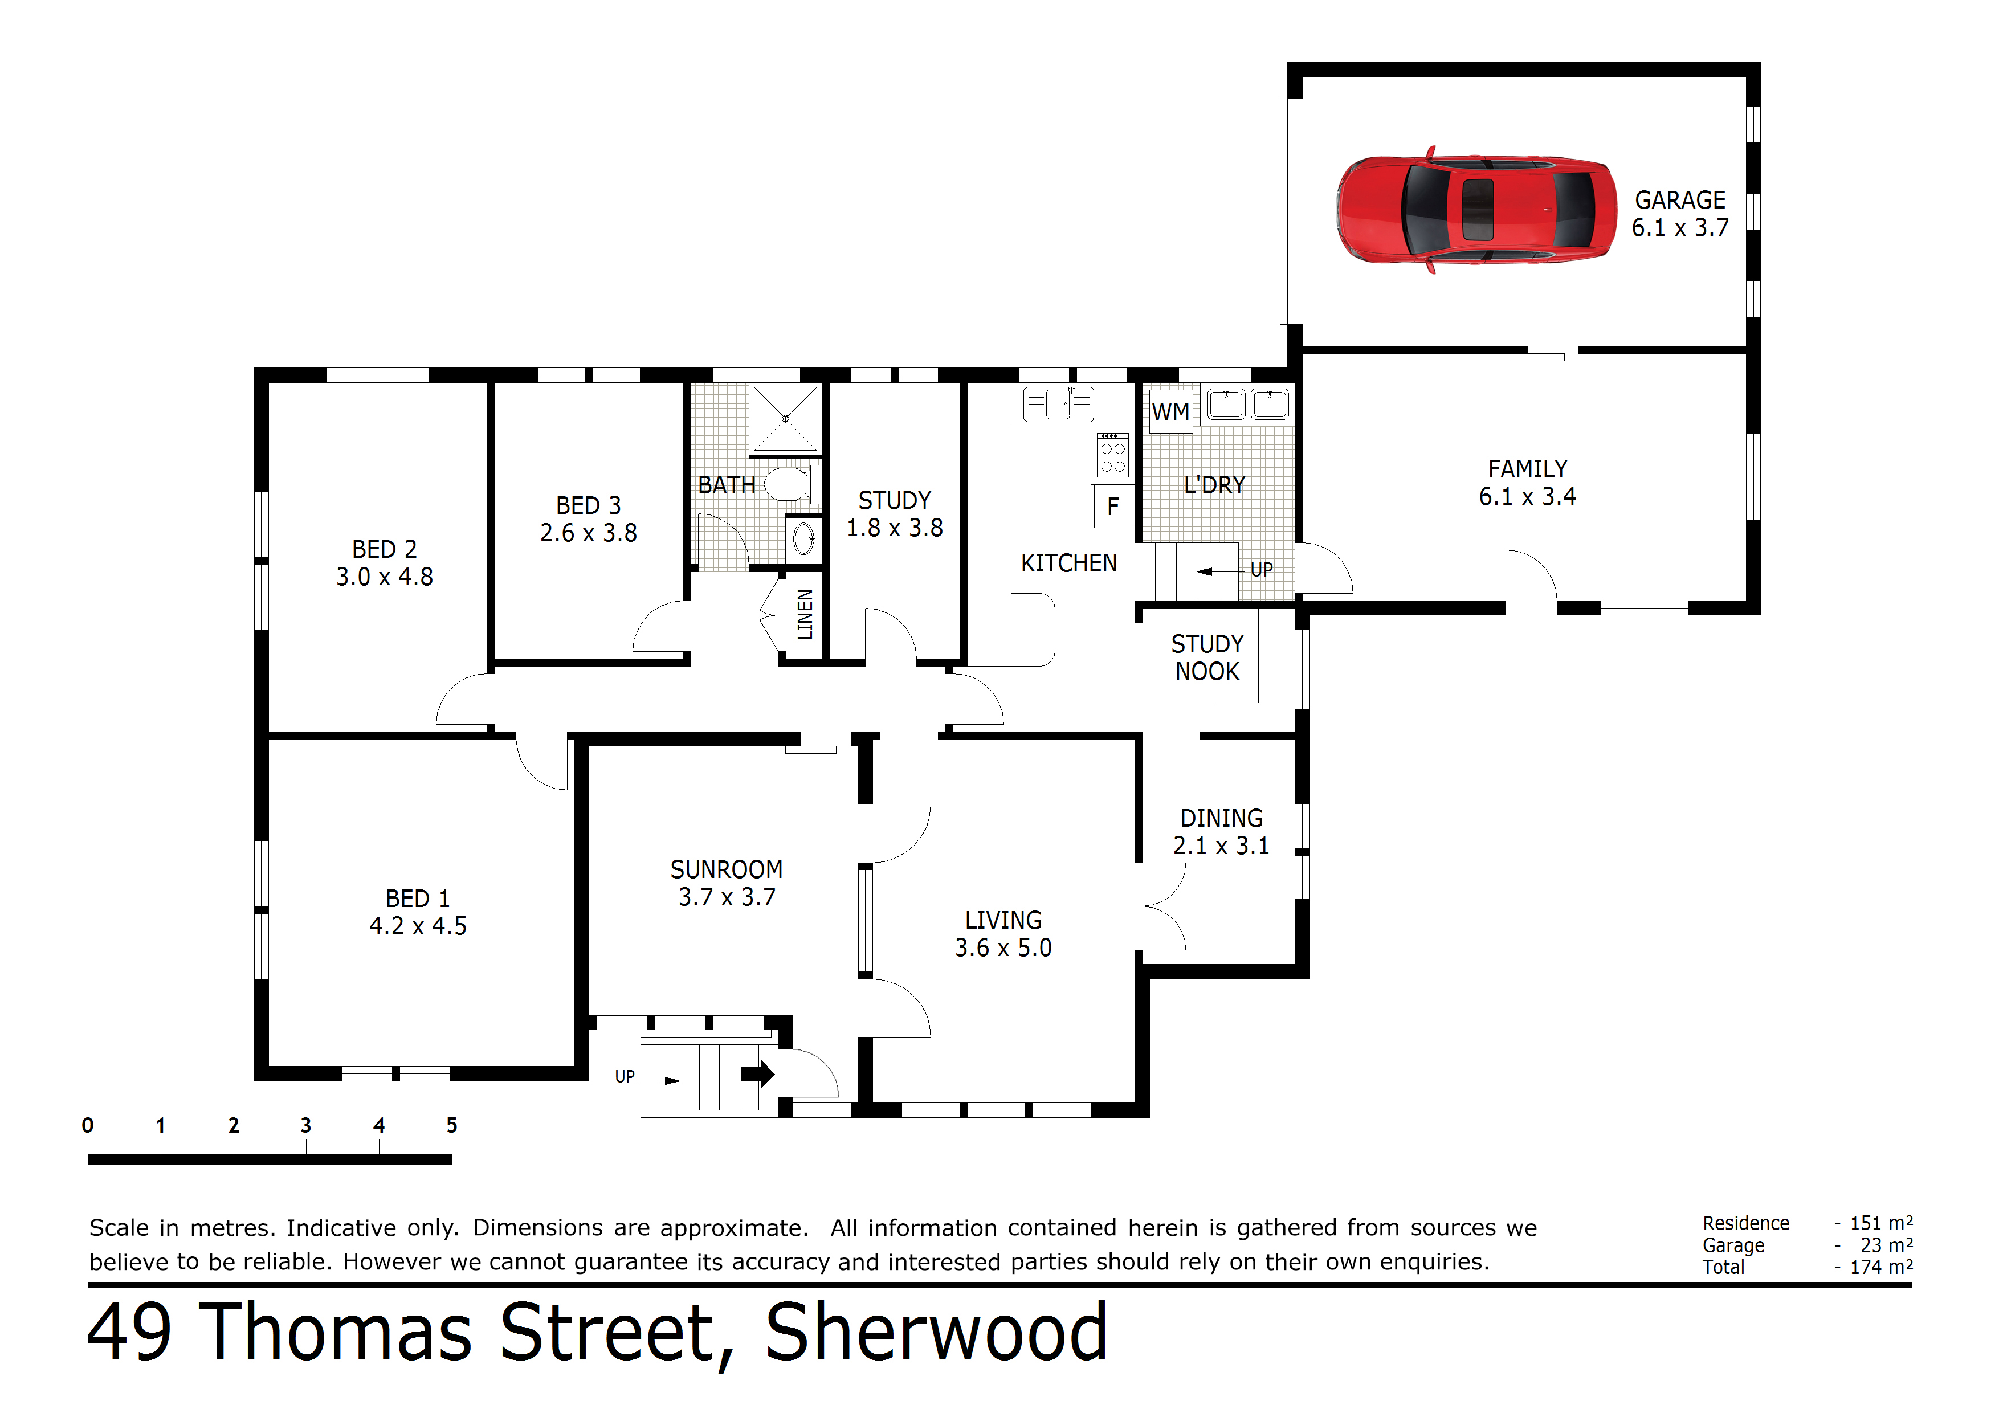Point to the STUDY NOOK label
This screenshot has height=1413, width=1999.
point(1207,658)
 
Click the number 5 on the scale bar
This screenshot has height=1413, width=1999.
point(451,1125)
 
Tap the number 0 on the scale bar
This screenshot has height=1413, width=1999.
point(88,1125)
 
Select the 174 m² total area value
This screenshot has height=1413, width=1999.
point(1880,1267)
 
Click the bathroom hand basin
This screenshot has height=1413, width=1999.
point(803,539)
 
